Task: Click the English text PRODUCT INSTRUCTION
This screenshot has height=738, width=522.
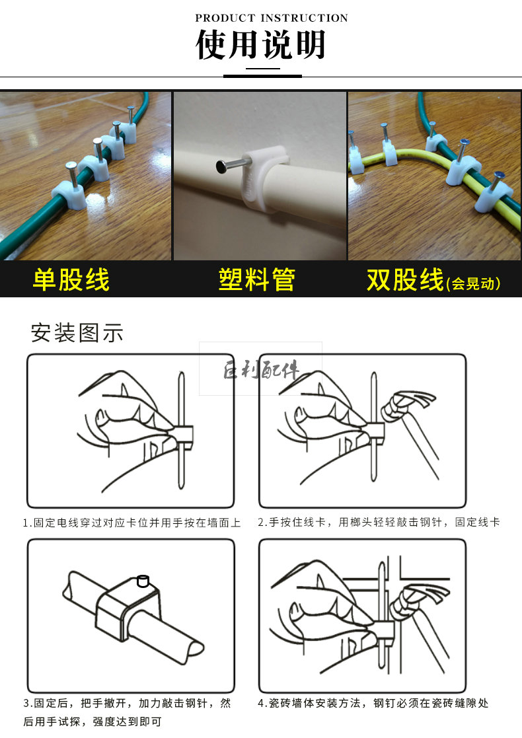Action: (x=272, y=18)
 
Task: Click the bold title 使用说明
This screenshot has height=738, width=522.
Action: (x=261, y=45)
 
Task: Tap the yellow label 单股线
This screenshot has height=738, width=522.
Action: (x=71, y=279)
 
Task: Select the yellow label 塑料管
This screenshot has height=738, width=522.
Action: (x=257, y=279)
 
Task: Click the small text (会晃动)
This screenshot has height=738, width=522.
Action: (x=473, y=283)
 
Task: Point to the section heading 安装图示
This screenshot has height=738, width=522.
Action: (x=77, y=333)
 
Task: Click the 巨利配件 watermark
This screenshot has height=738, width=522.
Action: (x=261, y=369)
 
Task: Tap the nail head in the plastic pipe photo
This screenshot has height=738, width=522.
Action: (x=221, y=166)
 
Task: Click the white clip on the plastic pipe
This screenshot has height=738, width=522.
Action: (x=264, y=179)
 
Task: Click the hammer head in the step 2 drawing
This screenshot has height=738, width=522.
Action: (x=408, y=403)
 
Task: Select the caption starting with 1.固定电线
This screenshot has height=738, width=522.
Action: (x=131, y=523)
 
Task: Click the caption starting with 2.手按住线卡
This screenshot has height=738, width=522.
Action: (x=379, y=522)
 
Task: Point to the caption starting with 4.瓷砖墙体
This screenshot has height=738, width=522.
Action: (x=373, y=703)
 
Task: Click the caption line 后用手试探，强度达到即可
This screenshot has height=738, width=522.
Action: (x=93, y=721)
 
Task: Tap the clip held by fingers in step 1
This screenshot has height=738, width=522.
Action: (x=182, y=438)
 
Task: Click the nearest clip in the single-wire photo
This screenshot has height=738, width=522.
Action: (x=69, y=196)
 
